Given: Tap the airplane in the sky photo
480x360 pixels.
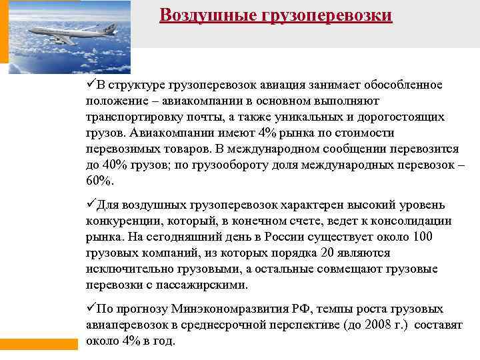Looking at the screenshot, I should coord(73,33).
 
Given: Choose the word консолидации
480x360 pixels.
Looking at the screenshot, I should coord(417,221).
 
